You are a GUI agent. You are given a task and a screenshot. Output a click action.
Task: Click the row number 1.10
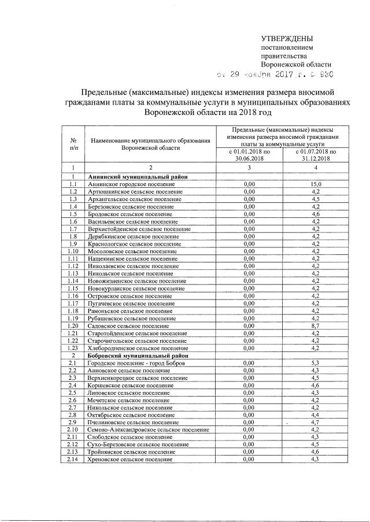73,251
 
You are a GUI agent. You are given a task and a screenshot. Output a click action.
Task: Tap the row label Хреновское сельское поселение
130,459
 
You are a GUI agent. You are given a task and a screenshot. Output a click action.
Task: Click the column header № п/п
73,144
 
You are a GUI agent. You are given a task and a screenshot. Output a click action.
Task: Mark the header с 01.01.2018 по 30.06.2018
249,154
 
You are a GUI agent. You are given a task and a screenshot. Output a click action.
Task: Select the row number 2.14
73,459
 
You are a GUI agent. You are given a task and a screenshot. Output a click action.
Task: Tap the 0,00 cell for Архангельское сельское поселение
249,199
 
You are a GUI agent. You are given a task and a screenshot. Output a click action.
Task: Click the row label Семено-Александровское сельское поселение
148,430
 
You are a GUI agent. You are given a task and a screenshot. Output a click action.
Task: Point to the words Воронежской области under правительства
297,65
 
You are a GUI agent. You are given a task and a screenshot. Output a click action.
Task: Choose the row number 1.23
73,348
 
